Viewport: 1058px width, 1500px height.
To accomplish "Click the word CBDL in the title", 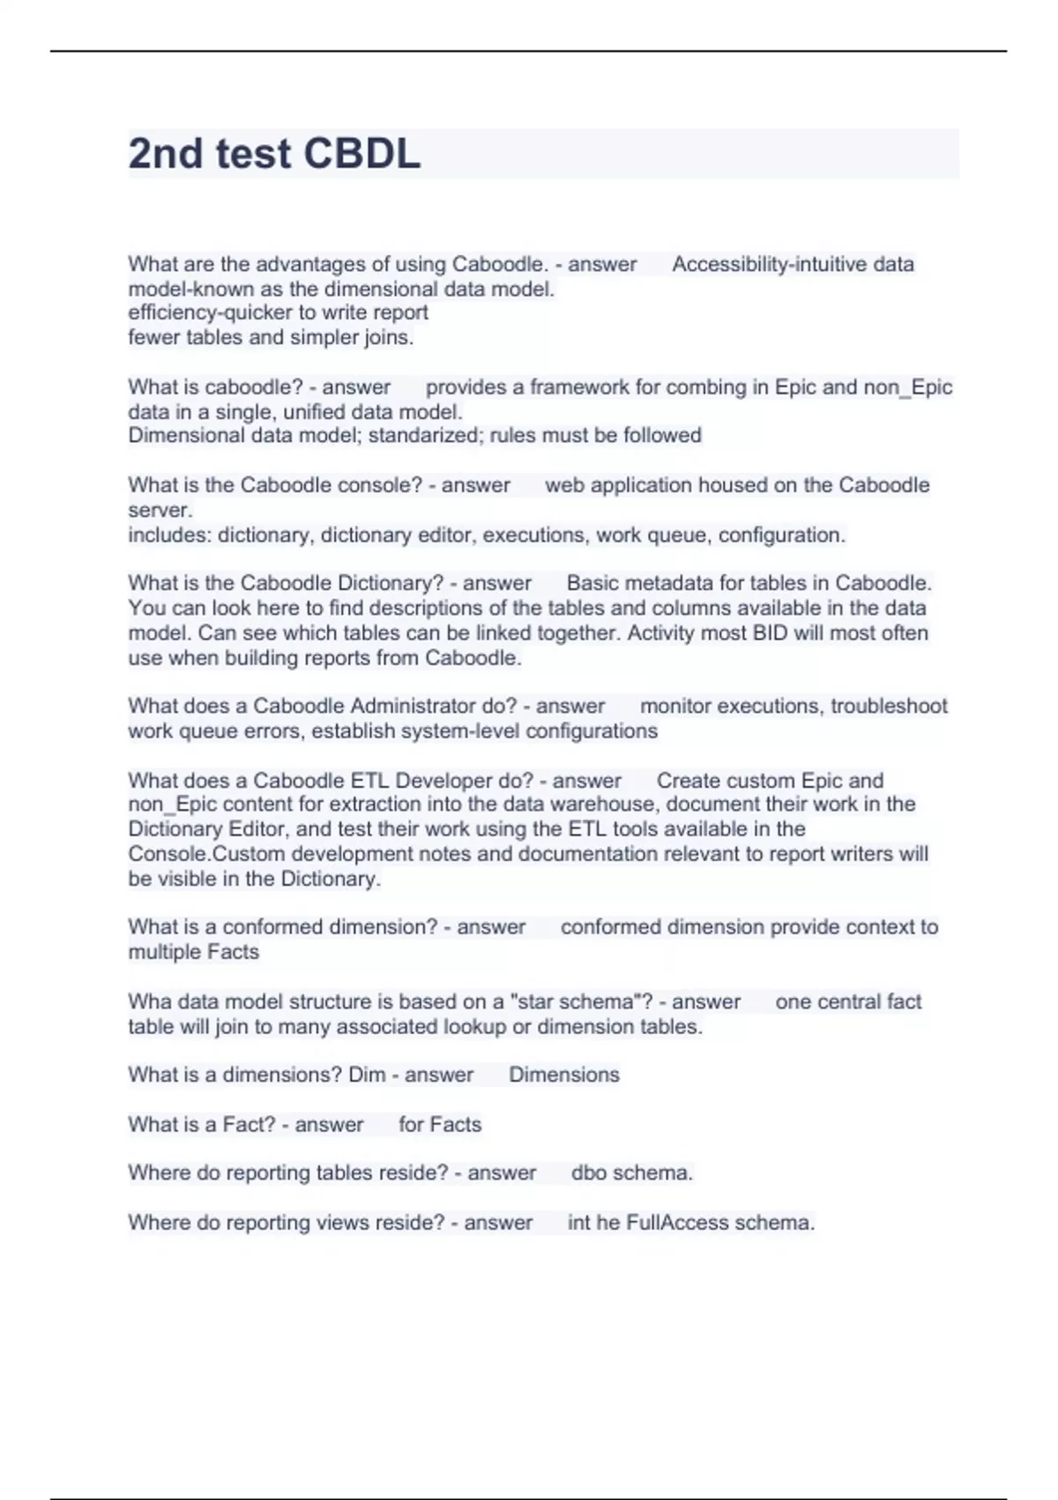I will coord(361,154).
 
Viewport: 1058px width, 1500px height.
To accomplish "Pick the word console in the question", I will coord(331,485).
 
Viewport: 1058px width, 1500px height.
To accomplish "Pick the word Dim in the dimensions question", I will coord(367,1075).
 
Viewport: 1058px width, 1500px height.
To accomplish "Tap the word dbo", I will coord(588,1173).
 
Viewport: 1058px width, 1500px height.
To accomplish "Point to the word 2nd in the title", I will coord(166,154).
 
